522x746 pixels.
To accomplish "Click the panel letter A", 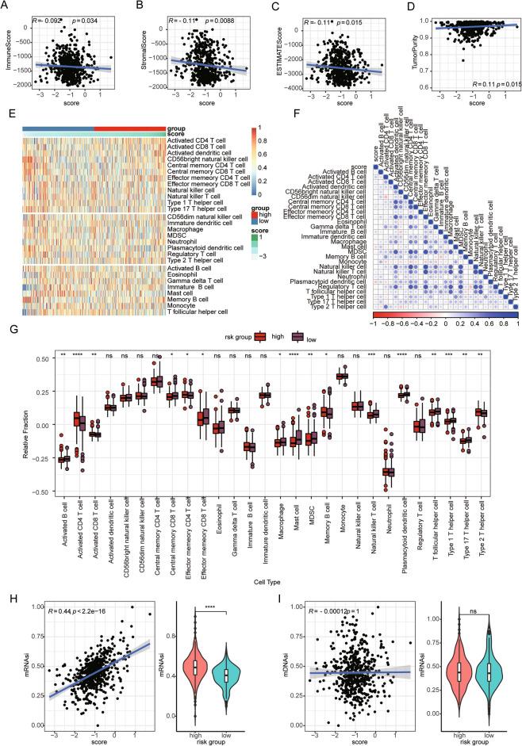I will (x=10, y=6).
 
